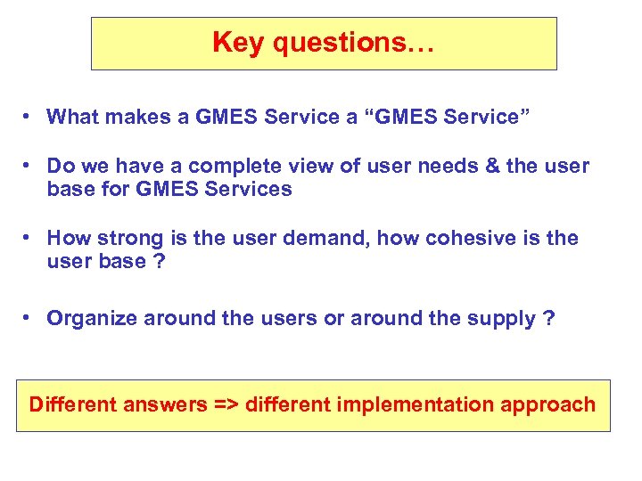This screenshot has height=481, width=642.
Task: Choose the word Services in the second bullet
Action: coord(248,190)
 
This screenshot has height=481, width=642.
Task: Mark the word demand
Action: coord(329,239)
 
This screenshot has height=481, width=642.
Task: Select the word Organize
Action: coord(91,318)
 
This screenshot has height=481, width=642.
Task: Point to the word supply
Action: coord(498,319)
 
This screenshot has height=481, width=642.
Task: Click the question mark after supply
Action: coord(548,318)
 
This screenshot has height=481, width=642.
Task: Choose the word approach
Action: coord(550,405)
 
